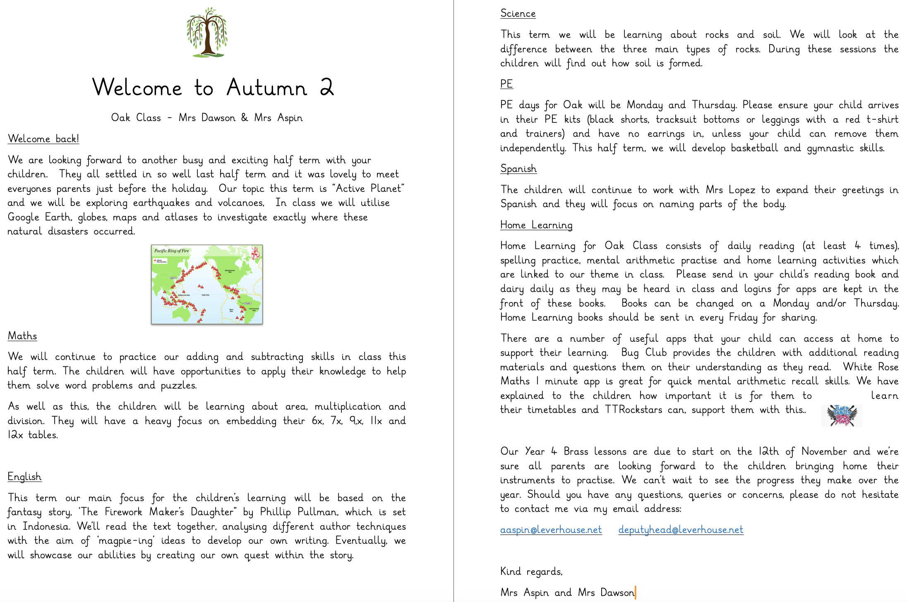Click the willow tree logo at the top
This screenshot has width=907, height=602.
pyautogui.click(x=207, y=32)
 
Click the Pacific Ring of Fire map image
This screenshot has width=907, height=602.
pyautogui.click(x=207, y=284)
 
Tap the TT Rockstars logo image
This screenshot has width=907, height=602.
pyautogui.click(x=841, y=415)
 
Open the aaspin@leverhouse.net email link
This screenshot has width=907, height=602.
pyautogui.click(x=551, y=530)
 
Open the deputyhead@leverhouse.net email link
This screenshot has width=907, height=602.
pyautogui.click(x=681, y=530)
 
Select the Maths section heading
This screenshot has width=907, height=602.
pyautogui.click(x=22, y=336)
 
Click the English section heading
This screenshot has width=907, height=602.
pyautogui.click(x=24, y=477)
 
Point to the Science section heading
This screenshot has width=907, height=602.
pyautogui.click(x=518, y=13)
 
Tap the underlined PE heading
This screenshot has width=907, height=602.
pyautogui.click(x=506, y=84)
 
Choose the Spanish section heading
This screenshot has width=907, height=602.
pyautogui.click(x=518, y=169)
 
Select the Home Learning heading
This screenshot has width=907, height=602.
pyautogui.click(x=536, y=225)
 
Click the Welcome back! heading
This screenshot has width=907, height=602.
pyautogui.click(x=43, y=139)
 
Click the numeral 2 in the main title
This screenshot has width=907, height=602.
pyautogui.click(x=326, y=87)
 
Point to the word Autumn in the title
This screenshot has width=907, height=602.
pyautogui.click(x=267, y=87)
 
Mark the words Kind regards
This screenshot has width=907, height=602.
pyautogui.click(x=531, y=572)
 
